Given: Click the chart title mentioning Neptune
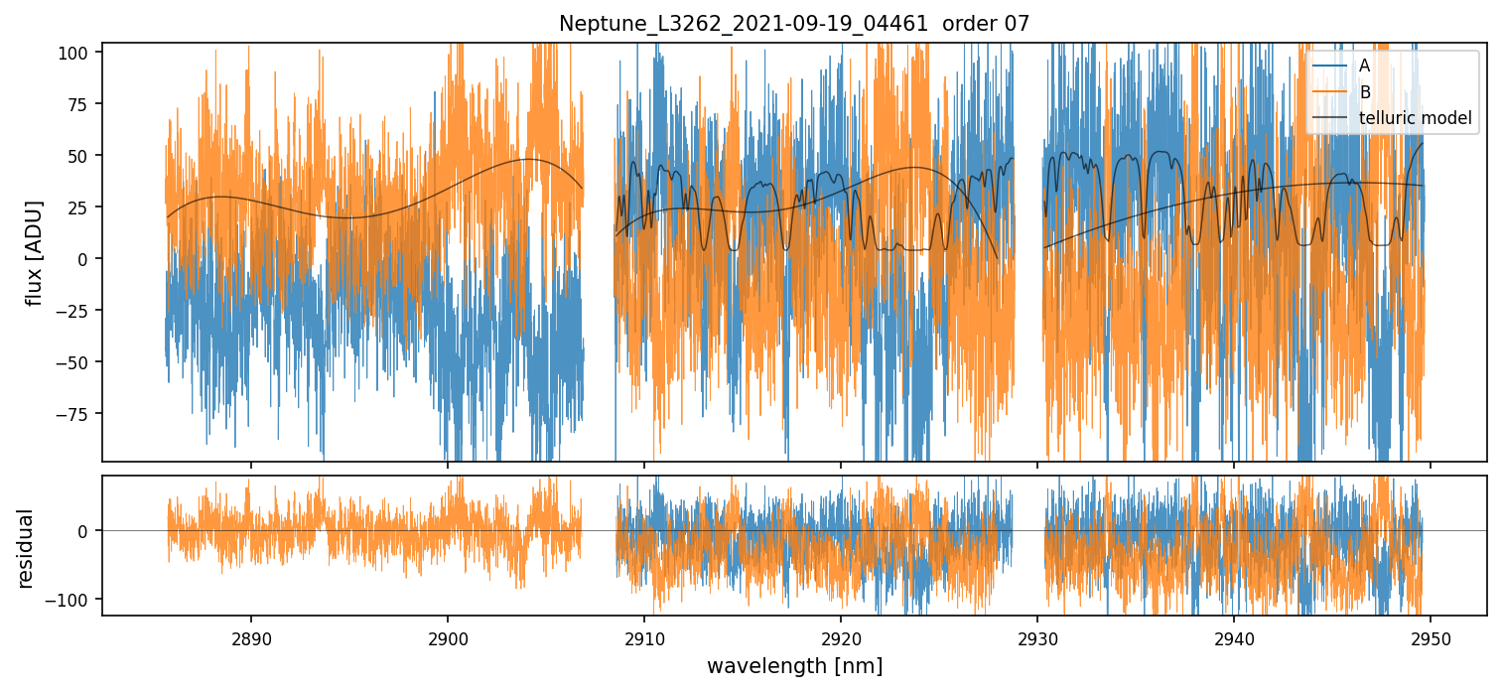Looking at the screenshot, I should [x=794, y=24].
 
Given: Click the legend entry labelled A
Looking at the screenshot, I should [x=1365, y=66].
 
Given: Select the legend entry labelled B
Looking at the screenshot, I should [x=1365, y=92].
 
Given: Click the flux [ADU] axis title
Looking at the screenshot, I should [x=35, y=252].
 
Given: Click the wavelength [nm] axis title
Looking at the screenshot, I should [x=794, y=666].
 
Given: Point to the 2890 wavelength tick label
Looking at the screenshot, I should [x=250, y=637].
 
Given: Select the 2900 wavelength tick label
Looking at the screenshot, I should [x=447, y=637].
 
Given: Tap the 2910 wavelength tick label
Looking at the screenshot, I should [x=644, y=637].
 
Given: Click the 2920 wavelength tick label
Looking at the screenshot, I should [x=841, y=637].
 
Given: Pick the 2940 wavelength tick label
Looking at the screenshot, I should [x=1234, y=637].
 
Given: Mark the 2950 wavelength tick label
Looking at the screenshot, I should [x=1431, y=637].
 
